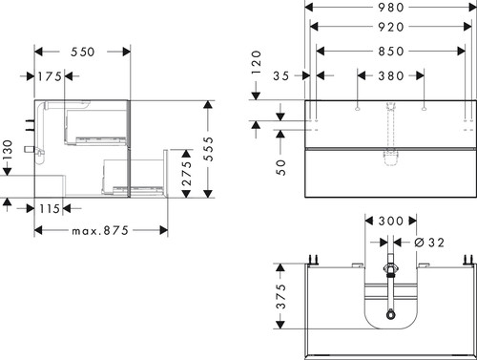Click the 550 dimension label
point(83,52)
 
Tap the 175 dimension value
point(50,76)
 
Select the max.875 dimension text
point(100,230)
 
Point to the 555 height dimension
point(209,149)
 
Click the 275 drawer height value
point(187,174)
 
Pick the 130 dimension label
point(7,151)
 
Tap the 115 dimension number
point(50,209)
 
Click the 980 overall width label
point(391,8)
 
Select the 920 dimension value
point(391,27)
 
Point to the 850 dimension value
point(391,52)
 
